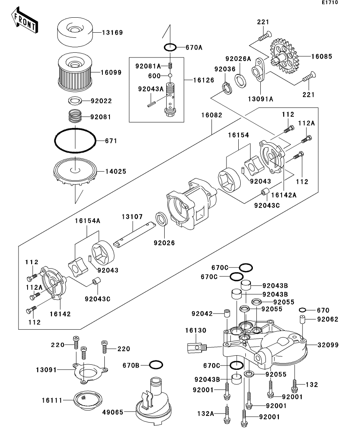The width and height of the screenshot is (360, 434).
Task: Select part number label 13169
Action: point(113,33)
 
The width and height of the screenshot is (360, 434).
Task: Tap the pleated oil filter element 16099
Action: point(75,73)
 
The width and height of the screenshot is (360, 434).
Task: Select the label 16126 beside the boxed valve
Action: point(204,80)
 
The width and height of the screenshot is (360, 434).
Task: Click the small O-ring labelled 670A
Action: point(170,48)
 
